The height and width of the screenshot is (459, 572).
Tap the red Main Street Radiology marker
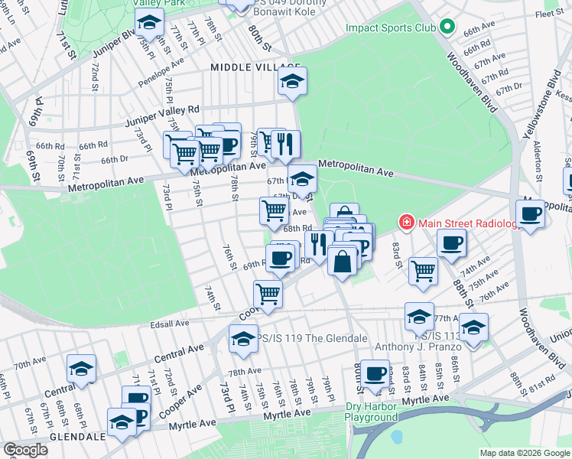pyautogui.click(x=406, y=223)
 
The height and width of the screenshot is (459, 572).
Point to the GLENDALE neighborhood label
pyautogui.click(x=76, y=437)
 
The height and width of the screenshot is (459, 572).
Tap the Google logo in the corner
pyautogui.click(x=26, y=449)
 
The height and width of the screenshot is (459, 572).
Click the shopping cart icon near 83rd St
pyautogui.click(x=423, y=269)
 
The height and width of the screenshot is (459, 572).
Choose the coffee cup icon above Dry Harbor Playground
pyautogui.click(x=375, y=373)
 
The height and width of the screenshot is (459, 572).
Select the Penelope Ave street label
pyautogui.click(x=161, y=70)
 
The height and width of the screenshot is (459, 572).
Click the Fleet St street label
pyautogui.click(x=549, y=14)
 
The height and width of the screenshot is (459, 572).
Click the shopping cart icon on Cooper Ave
pyautogui.click(x=268, y=292)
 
